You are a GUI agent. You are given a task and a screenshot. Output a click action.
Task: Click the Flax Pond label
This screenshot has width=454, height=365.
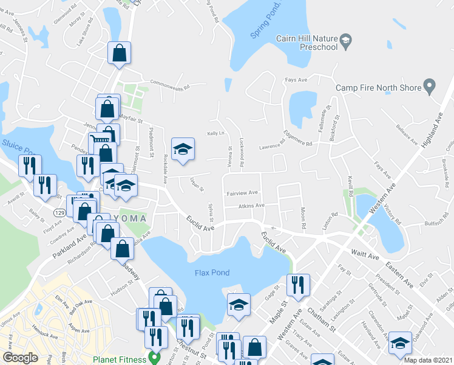pos(212,273)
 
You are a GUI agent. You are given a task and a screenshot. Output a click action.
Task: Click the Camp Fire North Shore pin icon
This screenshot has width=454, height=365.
pos(430,88)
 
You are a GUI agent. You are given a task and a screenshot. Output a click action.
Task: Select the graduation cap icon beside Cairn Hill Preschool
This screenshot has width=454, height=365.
pos(345,41)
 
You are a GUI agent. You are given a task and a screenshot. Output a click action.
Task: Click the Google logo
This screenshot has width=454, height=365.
pos(20,358)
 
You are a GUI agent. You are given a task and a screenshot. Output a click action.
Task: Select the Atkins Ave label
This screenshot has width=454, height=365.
pos(251,206)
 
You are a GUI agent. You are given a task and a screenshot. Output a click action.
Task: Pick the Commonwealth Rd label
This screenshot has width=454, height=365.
pos(166,86)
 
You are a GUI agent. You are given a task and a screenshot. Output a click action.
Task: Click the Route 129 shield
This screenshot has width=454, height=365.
pos(59,213)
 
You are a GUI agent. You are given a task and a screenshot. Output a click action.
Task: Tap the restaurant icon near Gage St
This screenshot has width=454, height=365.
pos(298,285)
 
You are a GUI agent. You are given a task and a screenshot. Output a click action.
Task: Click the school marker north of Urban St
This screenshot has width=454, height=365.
pos(183,150)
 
